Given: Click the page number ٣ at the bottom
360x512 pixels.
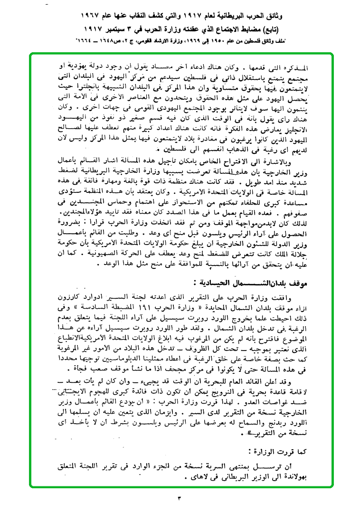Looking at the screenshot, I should (180, 498).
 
